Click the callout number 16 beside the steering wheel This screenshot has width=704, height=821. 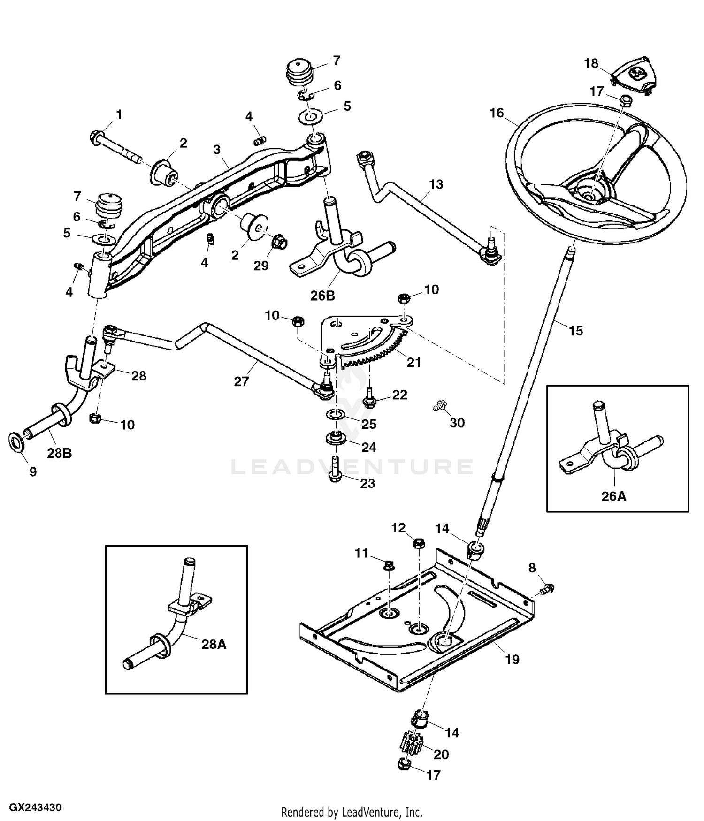pos(497,113)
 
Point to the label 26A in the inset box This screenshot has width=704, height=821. pos(614,496)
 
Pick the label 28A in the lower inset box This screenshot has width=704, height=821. pos(214,644)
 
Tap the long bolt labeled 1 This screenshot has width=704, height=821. pos(115,146)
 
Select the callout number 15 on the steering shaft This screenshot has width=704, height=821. pos(575,331)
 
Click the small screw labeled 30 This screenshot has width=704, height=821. pos(439,405)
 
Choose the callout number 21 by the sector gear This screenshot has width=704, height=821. pos(414,362)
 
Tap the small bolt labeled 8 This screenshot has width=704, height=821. pos(547,588)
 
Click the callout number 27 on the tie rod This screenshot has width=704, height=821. pos(241,381)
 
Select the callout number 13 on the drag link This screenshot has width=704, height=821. pos(436,184)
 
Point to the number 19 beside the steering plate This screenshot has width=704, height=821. pos(512,660)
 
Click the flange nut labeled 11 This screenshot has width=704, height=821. pos(389,566)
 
